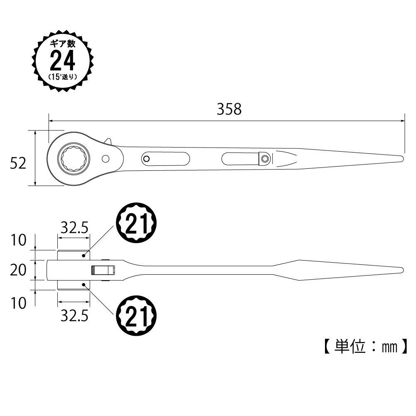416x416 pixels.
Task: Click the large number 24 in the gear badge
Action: pyautogui.click(x=63, y=61)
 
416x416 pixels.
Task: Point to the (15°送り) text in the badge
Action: pyautogui.click(x=63, y=77)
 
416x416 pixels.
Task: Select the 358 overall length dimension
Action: pyautogui.click(x=229, y=109)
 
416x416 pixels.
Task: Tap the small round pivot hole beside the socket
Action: pyautogui.click(x=106, y=158)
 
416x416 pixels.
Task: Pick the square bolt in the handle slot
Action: pyautogui.click(x=263, y=158)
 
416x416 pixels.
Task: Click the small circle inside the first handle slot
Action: pyautogui.click(x=146, y=158)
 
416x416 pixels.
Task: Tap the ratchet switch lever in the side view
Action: pyautogui.click(x=102, y=270)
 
